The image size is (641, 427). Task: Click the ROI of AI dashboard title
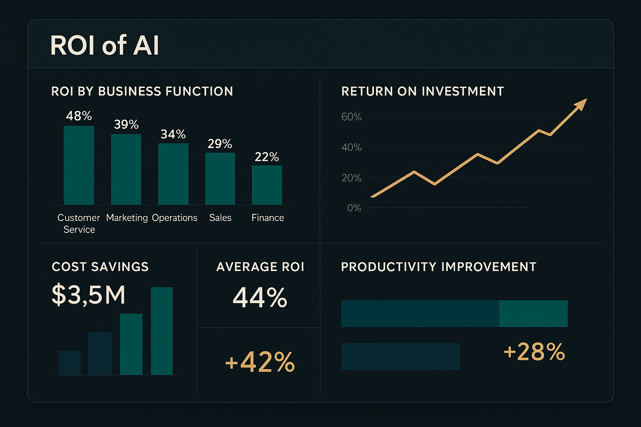click(104, 45)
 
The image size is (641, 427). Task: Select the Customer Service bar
click(79, 165)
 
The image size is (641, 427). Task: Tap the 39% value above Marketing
click(126, 124)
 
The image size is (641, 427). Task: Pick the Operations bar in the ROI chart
click(173, 174)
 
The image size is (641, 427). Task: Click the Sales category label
click(220, 218)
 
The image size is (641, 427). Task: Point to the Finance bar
click(267, 185)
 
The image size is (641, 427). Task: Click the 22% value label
click(267, 157)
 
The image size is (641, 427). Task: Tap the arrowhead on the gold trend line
click(581, 104)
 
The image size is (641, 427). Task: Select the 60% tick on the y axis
click(351, 117)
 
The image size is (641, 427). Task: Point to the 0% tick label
click(354, 208)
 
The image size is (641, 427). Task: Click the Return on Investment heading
click(422, 91)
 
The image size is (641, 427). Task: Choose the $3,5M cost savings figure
click(88, 295)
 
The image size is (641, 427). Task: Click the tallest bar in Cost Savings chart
click(162, 331)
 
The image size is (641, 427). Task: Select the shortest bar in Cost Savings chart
click(70, 363)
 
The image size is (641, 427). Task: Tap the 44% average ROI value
click(260, 297)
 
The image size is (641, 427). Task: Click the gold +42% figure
click(260, 362)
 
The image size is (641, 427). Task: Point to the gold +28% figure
click(534, 352)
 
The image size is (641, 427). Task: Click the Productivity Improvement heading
click(439, 267)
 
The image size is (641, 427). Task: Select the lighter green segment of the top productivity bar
click(533, 314)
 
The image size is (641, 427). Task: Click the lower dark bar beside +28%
click(400, 357)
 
